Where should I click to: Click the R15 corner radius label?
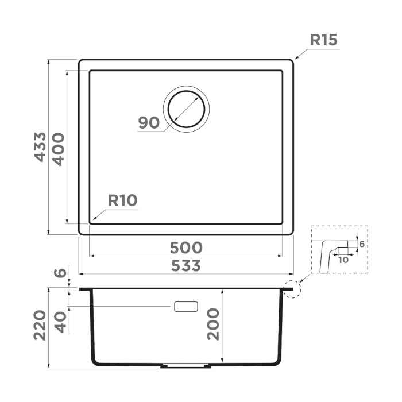pyautogui.click(x=323, y=40)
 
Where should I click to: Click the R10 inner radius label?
pyautogui.click(x=122, y=200)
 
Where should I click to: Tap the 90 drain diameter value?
pyautogui.click(x=149, y=122)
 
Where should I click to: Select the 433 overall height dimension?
pyautogui.click(x=40, y=147)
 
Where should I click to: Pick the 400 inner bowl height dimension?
pyautogui.click(x=59, y=149)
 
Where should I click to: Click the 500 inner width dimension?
pyautogui.click(x=186, y=248)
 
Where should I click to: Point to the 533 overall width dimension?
pyautogui.click(x=186, y=265)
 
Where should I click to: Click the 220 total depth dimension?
pyautogui.click(x=40, y=325)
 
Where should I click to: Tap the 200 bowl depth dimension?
pyautogui.click(x=213, y=324)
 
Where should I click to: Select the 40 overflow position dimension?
pyautogui.click(x=61, y=322)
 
